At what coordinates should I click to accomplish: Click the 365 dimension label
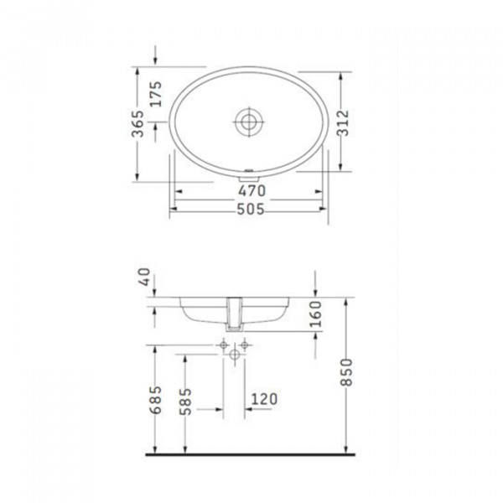point(138,123)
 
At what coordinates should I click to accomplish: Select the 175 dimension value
point(157,94)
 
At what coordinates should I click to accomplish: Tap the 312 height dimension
point(344,123)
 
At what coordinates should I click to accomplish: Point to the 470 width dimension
point(251,191)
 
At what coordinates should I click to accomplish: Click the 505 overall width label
point(251,209)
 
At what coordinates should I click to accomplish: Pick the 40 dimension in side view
point(145,277)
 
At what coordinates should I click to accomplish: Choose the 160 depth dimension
point(316,314)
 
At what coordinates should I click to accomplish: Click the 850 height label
point(347,372)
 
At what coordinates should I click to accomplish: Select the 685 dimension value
point(157,400)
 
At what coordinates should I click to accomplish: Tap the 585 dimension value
point(186,402)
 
